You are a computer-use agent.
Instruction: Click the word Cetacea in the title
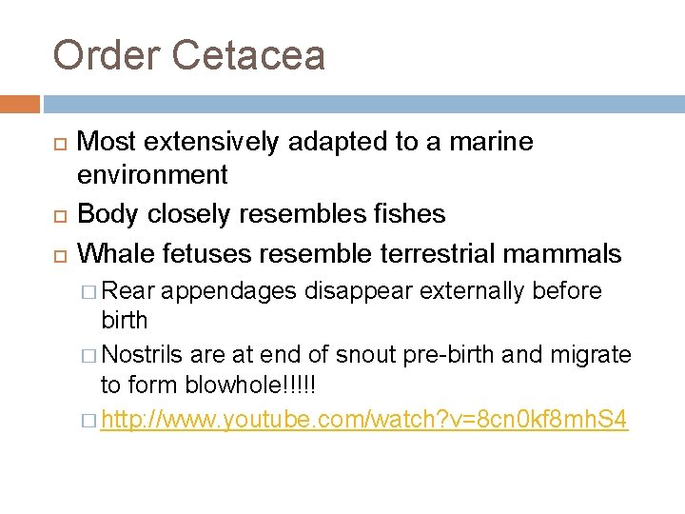pyautogui.click(x=249, y=55)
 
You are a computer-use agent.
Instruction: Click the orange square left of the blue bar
pyautogui.click(x=20, y=104)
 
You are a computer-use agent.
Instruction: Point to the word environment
pyautogui.click(x=152, y=175)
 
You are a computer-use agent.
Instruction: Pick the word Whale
pyautogui.click(x=115, y=253)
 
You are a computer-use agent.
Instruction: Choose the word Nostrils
pyautogui.click(x=143, y=355)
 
